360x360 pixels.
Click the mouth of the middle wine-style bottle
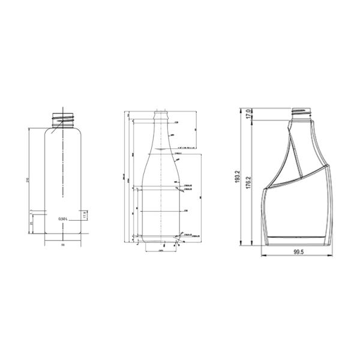coord(161,112)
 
